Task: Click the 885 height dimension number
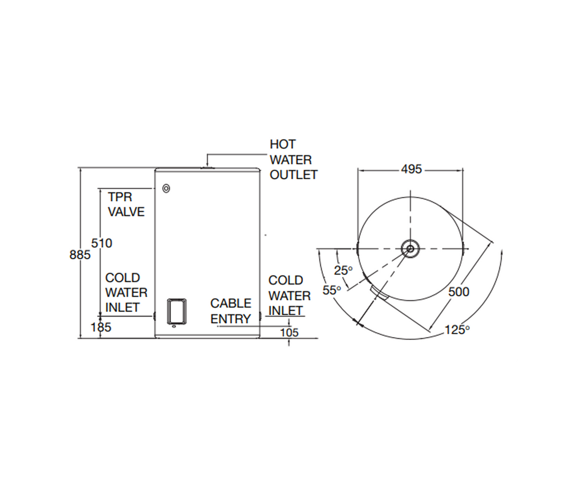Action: point(79,255)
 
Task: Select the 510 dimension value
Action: point(102,243)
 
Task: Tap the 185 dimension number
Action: point(101,328)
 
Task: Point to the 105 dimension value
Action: point(289,333)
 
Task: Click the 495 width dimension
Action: point(411,170)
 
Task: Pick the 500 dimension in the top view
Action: point(459,292)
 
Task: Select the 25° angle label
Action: point(344,271)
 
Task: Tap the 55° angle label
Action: point(332,290)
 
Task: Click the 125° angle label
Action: point(457,330)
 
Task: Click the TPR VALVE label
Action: point(126,204)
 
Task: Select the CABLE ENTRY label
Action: point(231,311)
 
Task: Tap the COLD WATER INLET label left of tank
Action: point(127,292)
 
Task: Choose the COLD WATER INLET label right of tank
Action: point(289,295)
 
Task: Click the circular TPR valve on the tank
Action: point(166,189)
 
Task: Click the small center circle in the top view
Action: point(411,248)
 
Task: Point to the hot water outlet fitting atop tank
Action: point(207,166)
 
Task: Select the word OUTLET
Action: point(294,175)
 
